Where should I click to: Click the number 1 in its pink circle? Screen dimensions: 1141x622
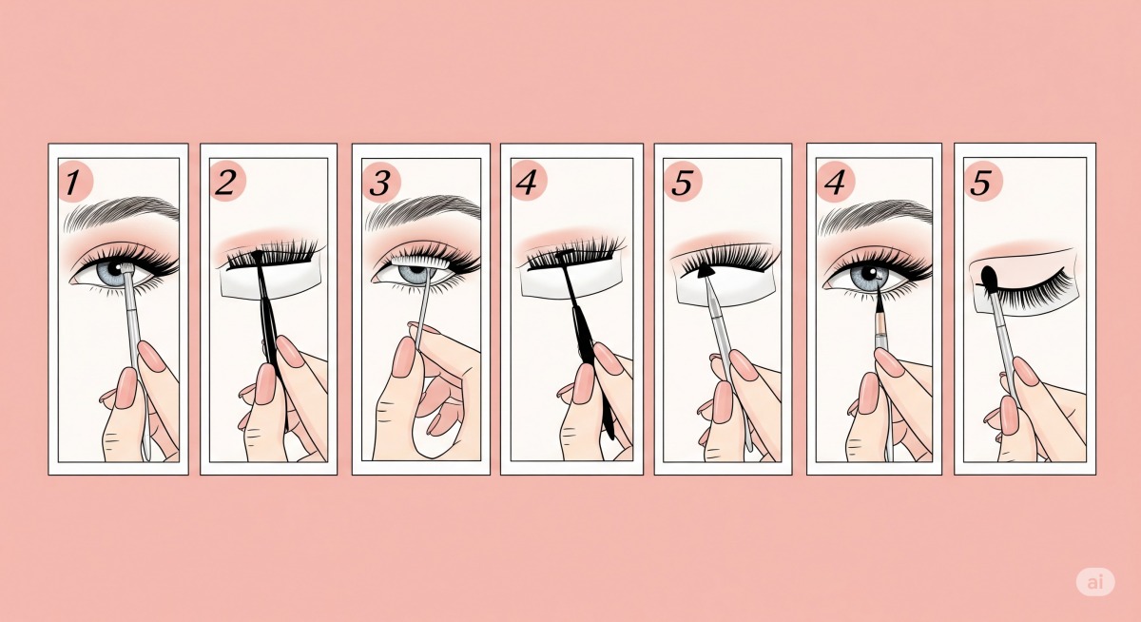click(x=73, y=183)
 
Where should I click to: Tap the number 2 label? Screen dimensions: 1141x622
click(x=225, y=183)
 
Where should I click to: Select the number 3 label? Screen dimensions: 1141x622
click(x=380, y=184)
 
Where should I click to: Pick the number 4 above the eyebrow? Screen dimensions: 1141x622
click(x=835, y=183)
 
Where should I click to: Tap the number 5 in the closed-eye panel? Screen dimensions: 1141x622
click(x=980, y=183)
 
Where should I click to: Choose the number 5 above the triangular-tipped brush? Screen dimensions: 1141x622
click(x=683, y=183)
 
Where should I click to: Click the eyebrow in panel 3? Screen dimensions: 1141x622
click(x=423, y=211)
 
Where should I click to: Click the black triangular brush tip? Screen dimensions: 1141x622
click(x=705, y=271)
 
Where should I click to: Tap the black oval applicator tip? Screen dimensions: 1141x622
click(x=989, y=278)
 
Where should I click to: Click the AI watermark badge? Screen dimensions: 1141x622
click(x=1095, y=582)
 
